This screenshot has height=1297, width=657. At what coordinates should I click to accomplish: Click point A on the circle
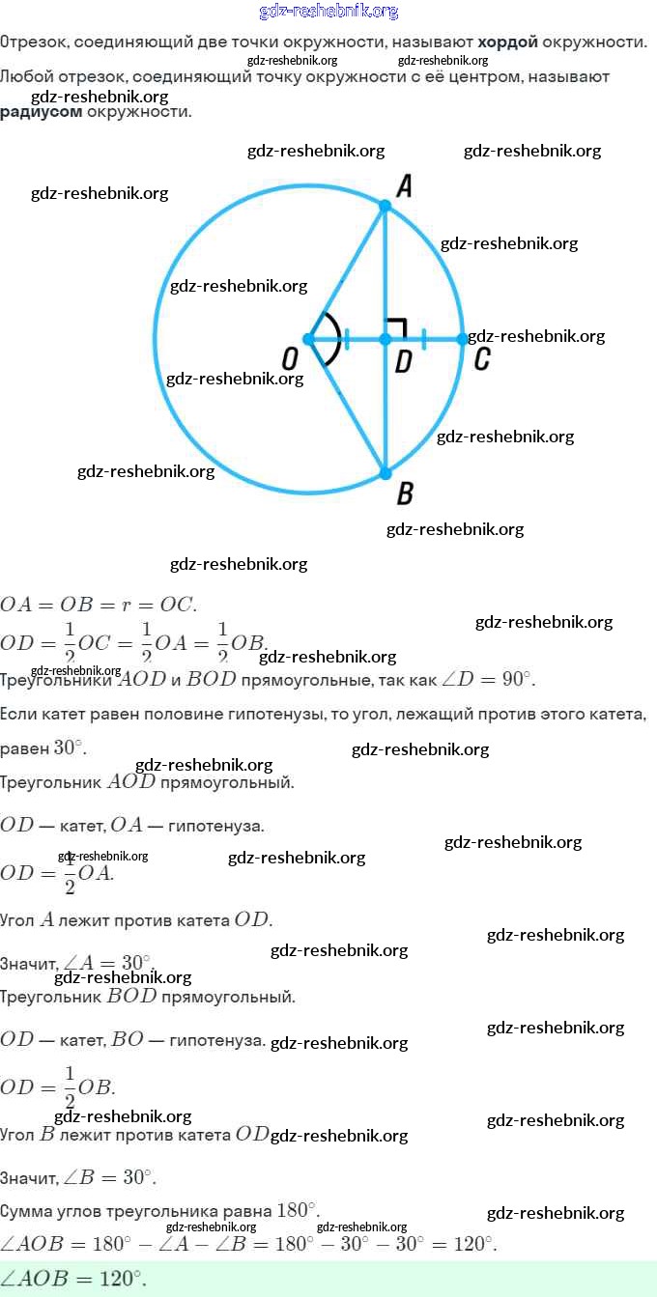pos(385,206)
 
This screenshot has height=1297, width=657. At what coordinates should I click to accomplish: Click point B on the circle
pos(385,473)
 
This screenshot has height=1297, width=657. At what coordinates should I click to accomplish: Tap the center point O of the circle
pos(308,339)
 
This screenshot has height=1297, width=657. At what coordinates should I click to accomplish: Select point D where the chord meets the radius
pos(385,339)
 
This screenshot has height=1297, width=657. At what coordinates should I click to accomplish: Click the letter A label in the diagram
pos(405,185)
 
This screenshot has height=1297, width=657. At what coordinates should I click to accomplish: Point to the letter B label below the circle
pos(405,494)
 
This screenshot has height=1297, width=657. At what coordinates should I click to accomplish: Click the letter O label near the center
pos(289,360)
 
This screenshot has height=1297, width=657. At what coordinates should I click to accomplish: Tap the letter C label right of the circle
pos(482,360)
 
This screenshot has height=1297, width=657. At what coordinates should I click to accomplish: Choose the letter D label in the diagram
pos(404,361)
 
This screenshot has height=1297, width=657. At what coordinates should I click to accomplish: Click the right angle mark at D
pos(394,327)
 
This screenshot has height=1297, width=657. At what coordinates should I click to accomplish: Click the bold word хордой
pos(507,42)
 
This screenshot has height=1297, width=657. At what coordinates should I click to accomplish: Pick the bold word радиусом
pos(41,112)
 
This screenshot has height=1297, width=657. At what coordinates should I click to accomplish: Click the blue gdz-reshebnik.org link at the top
pos(328,12)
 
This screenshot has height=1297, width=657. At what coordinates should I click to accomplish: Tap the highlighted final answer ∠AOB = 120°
pos(73,1279)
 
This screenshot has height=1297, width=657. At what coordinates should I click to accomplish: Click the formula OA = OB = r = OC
pos(98,606)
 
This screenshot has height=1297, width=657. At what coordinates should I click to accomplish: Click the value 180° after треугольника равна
pos(297,1210)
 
